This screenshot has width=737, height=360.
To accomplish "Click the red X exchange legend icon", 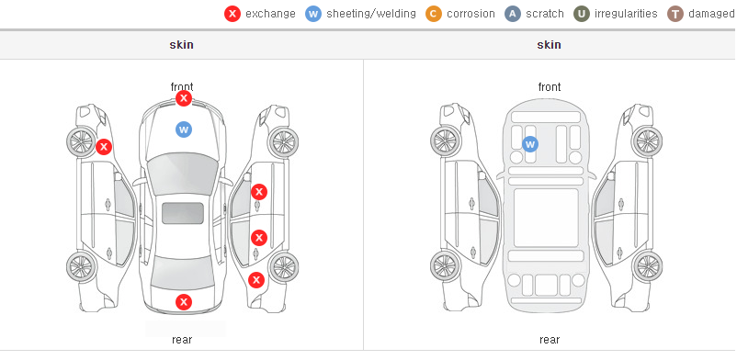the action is pos(232,14).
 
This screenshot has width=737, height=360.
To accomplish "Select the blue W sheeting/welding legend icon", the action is pos(313,14).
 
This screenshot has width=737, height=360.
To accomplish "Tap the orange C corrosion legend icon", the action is pos(434,14).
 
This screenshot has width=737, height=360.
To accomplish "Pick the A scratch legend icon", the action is pos(513,14).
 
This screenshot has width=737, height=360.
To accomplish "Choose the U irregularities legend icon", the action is pos(582,14).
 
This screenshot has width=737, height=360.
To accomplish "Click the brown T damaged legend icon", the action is pos(675,14).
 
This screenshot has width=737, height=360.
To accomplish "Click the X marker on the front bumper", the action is pos(184,98).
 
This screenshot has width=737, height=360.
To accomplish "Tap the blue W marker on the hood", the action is pos(184,129).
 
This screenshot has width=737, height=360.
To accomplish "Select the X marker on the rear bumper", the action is pos(184,302).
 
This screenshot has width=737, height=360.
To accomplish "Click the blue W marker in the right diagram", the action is pos(530,144).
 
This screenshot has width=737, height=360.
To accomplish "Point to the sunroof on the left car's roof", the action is pos(183,213).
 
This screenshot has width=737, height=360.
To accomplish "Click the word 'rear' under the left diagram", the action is pos(182,340).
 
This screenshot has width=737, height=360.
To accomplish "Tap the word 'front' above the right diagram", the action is pos(550,87).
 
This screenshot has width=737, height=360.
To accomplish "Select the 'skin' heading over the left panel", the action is pos(181,45).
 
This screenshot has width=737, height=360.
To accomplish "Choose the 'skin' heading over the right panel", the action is pos(549,45).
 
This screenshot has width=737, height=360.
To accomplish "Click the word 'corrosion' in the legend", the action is pos(471,14).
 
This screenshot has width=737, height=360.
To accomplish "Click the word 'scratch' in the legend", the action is pos(545,14).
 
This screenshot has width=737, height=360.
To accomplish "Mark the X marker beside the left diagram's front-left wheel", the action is pos(104,147).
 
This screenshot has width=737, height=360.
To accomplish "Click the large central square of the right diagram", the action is pos(546,218).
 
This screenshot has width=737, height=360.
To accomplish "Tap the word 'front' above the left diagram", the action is pos(182,87).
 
